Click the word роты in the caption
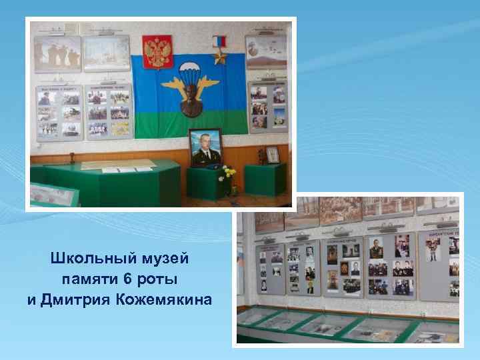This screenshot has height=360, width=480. [x=159, y=278]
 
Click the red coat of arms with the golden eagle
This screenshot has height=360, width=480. [x=158, y=51]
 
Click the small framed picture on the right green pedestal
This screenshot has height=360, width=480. [x=273, y=155]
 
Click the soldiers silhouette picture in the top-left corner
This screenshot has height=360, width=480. [x=58, y=55]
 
